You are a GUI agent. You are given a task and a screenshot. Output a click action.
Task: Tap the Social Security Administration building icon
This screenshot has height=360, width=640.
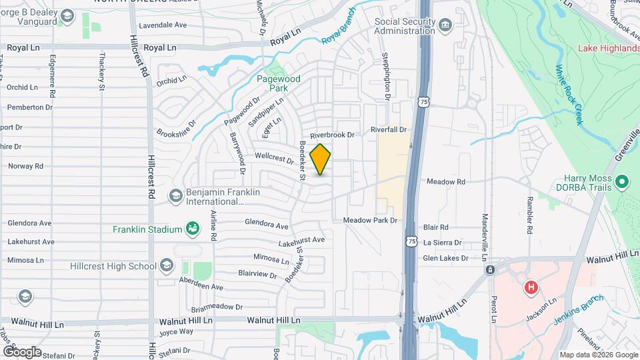445,26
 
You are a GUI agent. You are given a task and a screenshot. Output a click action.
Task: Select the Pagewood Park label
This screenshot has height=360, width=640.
279,83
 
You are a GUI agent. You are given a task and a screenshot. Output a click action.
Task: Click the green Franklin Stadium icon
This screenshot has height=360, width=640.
193,229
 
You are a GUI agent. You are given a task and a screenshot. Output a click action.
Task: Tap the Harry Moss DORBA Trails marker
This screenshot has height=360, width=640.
622,181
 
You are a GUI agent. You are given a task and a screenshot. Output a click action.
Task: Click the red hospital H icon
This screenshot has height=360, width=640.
531,288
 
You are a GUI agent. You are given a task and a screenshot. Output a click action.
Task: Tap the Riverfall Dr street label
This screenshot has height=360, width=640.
389,130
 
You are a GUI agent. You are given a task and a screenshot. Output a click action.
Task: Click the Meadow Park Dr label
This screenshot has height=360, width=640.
370,221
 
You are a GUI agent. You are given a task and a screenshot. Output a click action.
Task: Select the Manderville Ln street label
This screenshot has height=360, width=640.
485,229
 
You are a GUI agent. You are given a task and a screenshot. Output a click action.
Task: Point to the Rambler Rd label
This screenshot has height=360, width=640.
529,215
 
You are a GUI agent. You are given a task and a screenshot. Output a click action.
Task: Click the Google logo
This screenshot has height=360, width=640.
22,351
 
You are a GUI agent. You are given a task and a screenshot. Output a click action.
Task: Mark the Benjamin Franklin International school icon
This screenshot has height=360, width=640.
175,195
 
